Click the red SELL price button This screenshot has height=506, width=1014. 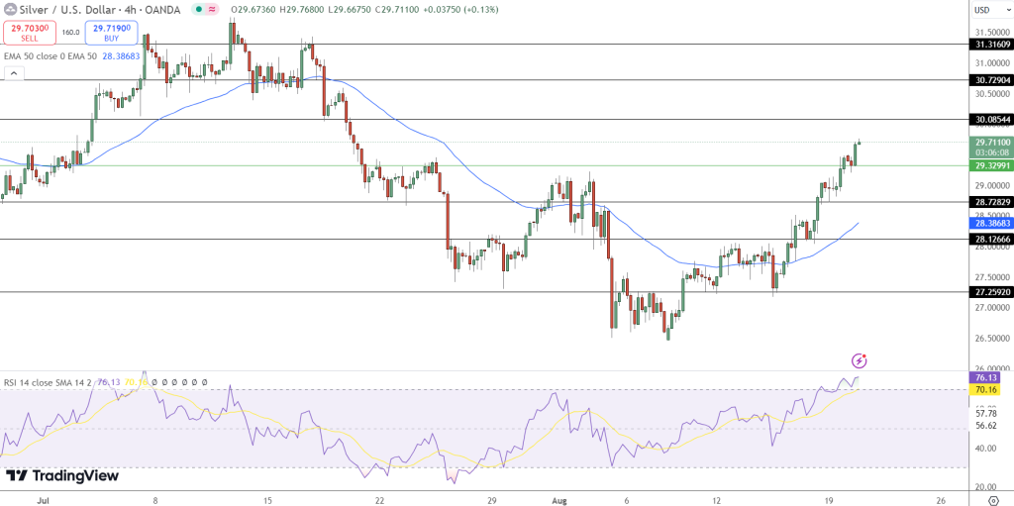coord(29,33)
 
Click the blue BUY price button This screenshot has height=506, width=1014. coord(111,33)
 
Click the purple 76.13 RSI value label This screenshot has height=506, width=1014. coord(985,377)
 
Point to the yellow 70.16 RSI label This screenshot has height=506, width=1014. coord(985,390)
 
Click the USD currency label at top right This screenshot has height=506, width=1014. coord(982,10)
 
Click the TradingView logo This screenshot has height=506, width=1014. coord(62,475)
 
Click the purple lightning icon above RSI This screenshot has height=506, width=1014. coord(859,360)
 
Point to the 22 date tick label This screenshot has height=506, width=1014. coord(380,500)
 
